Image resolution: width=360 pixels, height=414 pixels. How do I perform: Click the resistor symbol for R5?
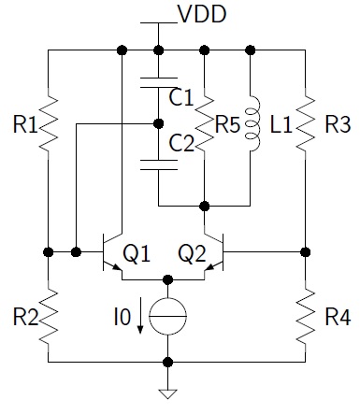(204, 122)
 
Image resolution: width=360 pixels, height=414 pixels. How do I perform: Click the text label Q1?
(137, 252)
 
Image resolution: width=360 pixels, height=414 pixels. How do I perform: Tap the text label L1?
(279, 122)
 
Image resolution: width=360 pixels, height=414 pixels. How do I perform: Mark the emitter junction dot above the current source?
(167, 278)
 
